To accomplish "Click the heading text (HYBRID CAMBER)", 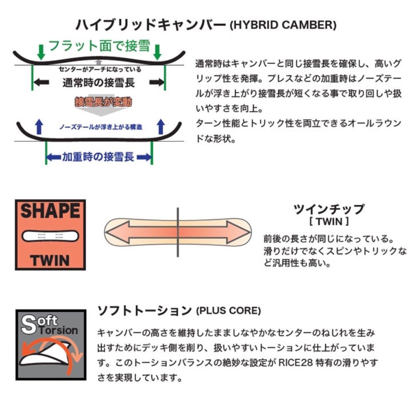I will click(283, 26).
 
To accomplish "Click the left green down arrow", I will click(40, 52).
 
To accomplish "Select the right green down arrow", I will click(157, 52).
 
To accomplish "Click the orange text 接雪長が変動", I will click(103, 102).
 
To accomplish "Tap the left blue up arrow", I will click(37, 126).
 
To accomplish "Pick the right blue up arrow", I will click(161, 126).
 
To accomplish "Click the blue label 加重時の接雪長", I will click(98, 157).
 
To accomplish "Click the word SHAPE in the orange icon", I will click(50, 212).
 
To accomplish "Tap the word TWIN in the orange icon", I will click(50, 260).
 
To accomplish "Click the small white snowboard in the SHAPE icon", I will click(50, 236).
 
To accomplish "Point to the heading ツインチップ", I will click(329, 209).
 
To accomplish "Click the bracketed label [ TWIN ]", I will click(329, 222).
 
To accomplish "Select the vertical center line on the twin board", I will click(178, 232).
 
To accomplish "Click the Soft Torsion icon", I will click(51, 345).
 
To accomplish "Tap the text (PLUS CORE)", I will click(228, 311).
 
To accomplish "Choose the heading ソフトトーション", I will click(144, 310).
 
